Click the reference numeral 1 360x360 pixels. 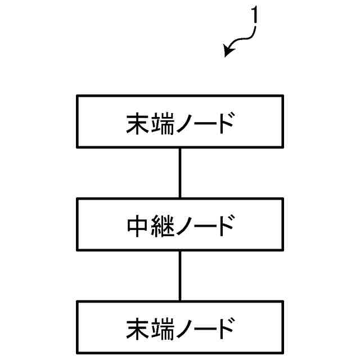[255, 16]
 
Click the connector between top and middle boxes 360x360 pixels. [180, 172]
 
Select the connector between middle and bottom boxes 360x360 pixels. [180, 276]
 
